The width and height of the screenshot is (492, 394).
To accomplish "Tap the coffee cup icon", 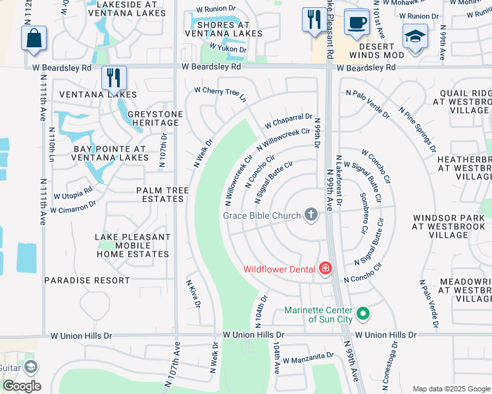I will click(x=357, y=22).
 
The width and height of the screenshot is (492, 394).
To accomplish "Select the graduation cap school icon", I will click(x=415, y=37).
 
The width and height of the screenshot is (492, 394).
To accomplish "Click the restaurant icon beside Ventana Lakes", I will click(x=114, y=77).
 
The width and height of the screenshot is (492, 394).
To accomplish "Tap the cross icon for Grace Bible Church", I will click(x=311, y=215).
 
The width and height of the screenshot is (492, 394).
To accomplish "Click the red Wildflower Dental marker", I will click(x=325, y=269).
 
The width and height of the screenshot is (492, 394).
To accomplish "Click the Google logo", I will click(x=22, y=386).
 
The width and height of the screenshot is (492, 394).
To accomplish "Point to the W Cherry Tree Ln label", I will click(x=220, y=95).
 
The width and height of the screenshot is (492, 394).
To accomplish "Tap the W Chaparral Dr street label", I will click(x=288, y=121).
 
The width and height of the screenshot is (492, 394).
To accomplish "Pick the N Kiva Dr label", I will click(x=192, y=294).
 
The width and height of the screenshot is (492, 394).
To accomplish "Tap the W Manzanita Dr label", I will click(x=308, y=357).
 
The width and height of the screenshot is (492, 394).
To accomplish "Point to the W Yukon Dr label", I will click(x=228, y=48).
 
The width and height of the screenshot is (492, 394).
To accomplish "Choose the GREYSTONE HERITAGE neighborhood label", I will click(x=155, y=118).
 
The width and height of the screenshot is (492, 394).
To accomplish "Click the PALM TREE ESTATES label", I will click(x=162, y=194).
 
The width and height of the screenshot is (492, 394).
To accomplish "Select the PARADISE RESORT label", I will click(x=87, y=280).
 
